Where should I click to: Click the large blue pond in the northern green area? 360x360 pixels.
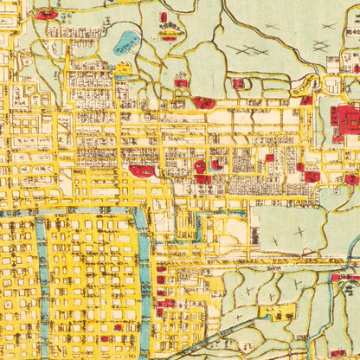128,41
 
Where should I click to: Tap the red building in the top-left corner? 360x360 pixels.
45,15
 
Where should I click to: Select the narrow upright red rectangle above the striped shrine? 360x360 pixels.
163,17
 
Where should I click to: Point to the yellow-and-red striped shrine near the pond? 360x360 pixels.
169,35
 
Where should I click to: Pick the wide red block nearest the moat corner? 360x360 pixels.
143,170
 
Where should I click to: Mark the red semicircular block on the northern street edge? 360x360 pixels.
203,102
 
